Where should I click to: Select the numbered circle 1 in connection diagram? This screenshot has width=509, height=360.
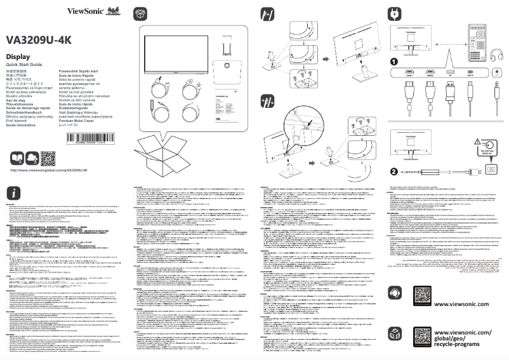point(393,62)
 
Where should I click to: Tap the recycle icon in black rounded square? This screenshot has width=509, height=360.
point(395,334)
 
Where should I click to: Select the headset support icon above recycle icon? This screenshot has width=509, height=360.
point(395,294)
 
